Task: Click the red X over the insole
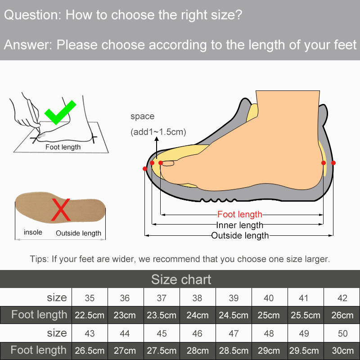pos(61,210)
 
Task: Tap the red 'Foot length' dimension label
pos(240,215)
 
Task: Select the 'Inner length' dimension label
pos(240,225)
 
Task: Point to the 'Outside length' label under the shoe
pos(240,235)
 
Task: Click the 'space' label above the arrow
pos(142,116)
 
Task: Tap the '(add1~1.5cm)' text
pos(158,132)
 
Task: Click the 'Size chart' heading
pos(181,279)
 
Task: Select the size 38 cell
pos(197,298)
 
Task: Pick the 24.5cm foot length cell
pos(234,315)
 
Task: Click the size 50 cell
pos(342,333)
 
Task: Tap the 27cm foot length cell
pos(125,351)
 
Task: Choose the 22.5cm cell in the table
pos(90,315)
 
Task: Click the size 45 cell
pos(162,333)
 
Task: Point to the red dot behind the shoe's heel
pos(333,163)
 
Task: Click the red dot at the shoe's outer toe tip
pos(145,169)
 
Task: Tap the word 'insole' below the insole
pos(33,232)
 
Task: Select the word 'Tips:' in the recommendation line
pos(39,259)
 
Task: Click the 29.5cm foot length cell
pos(304,351)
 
